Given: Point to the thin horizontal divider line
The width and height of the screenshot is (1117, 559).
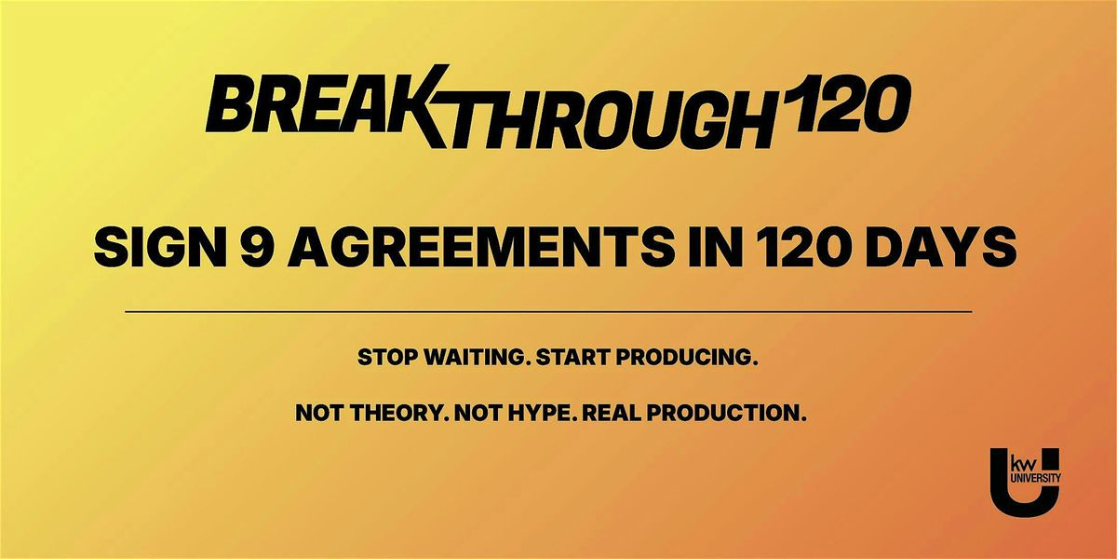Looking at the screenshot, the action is (x=548, y=312).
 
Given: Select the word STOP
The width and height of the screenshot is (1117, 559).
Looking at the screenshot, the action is (x=389, y=358).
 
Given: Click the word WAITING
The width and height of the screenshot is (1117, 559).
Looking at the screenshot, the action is (x=479, y=358).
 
